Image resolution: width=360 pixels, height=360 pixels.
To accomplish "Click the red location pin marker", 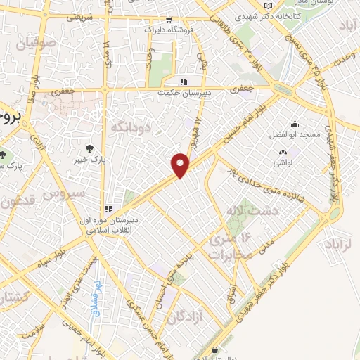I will click(x=181, y=165).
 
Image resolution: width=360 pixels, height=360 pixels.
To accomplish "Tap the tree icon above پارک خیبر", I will click(x=89, y=148).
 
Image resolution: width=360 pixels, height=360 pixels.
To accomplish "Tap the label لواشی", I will click(x=283, y=161).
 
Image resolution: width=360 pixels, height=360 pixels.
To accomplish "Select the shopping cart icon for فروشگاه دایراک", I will click(x=169, y=20).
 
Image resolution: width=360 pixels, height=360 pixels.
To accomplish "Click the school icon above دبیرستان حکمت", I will click(x=184, y=80).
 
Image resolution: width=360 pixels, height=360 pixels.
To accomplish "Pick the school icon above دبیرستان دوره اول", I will click(x=108, y=209).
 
